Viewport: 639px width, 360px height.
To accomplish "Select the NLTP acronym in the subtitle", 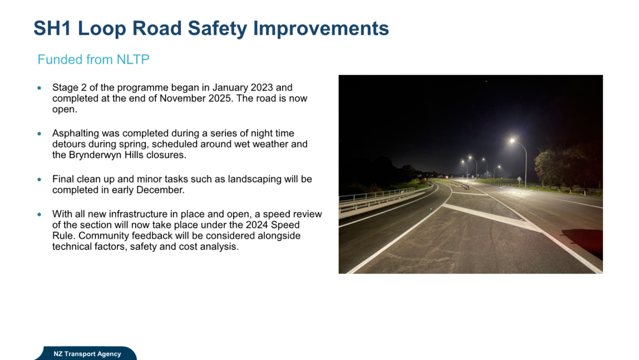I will tap(133, 60).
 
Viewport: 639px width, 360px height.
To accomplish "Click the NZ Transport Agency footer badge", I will tap(87, 354).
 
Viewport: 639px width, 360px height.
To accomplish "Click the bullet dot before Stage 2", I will tap(39, 88).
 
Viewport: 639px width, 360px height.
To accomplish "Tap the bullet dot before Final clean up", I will tap(39, 180).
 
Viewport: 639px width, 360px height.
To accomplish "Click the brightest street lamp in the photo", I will tap(512, 141).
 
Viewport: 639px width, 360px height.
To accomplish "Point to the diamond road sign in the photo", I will tap(519, 179).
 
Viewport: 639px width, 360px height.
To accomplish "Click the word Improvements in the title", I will tap(321, 28).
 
